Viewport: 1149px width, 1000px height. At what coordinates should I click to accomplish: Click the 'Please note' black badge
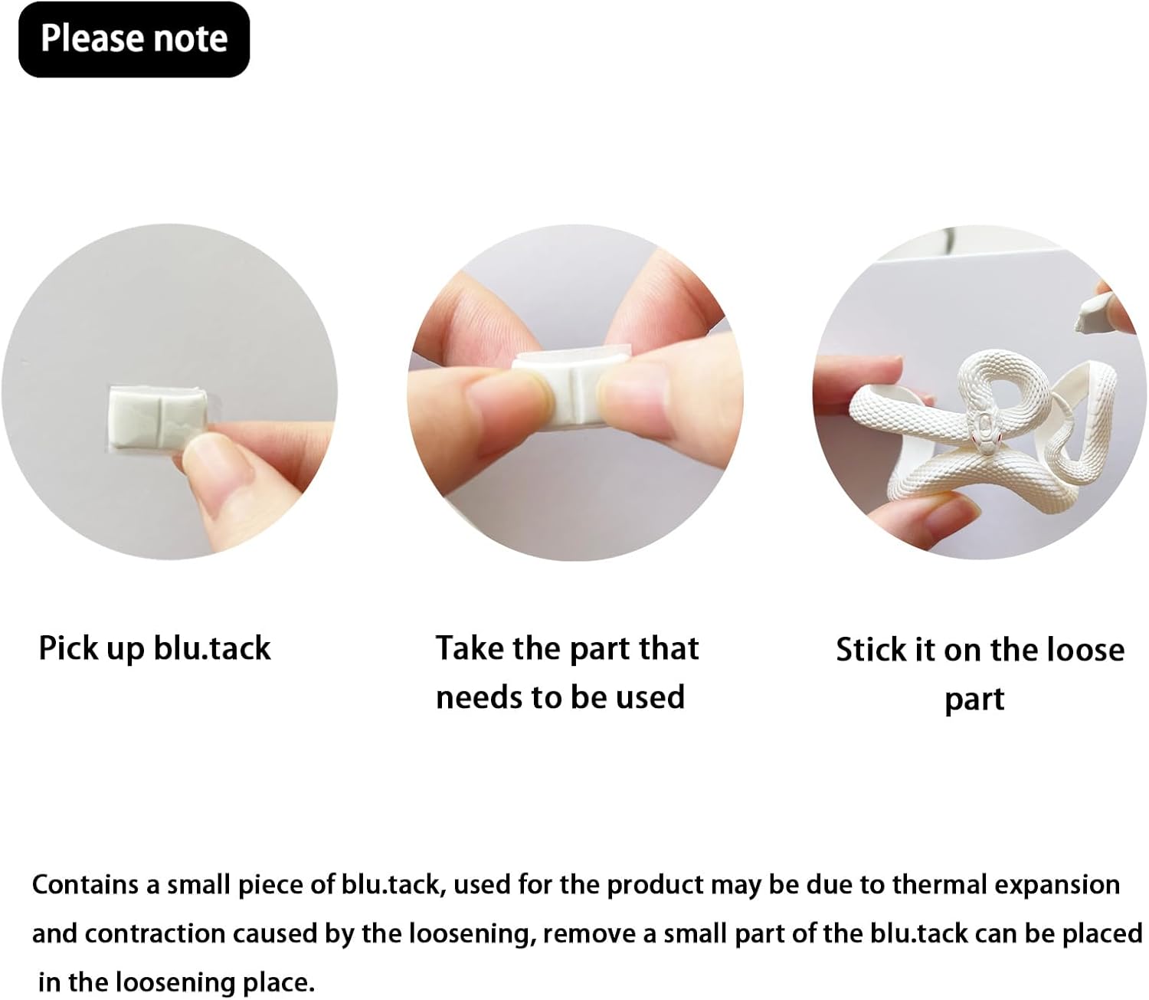coord(133,39)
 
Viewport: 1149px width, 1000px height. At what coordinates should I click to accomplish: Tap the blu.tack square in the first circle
coord(155,415)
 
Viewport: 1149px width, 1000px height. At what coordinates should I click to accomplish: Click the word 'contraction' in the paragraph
coord(155,933)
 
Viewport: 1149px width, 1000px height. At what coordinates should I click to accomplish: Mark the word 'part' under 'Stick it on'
coord(974,700)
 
